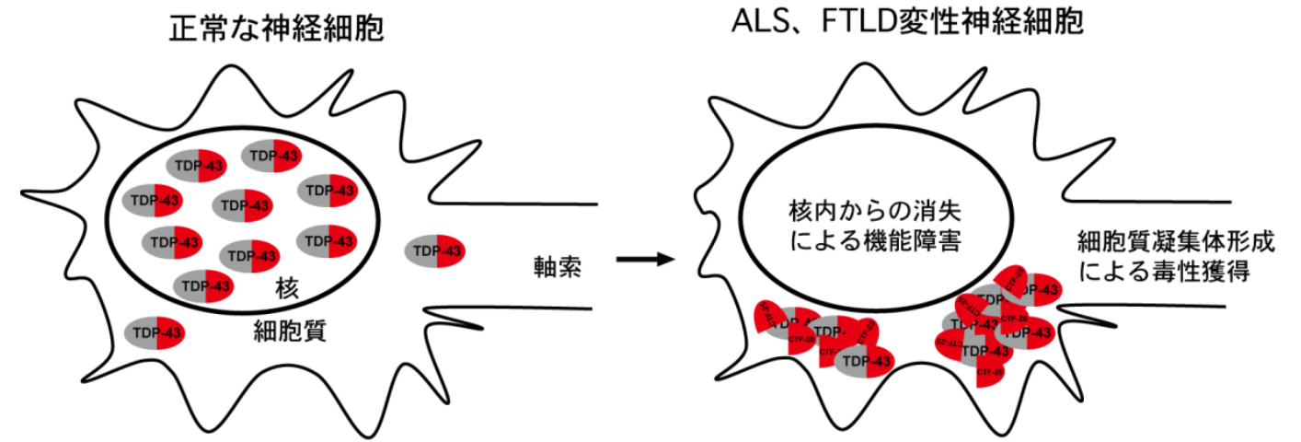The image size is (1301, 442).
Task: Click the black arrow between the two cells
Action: click(644, 259)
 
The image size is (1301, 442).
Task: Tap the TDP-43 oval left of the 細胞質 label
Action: click(155, 331)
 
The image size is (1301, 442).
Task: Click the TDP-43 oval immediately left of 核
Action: click(203, 285)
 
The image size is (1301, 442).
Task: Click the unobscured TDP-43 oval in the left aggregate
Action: click(865, 360)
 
